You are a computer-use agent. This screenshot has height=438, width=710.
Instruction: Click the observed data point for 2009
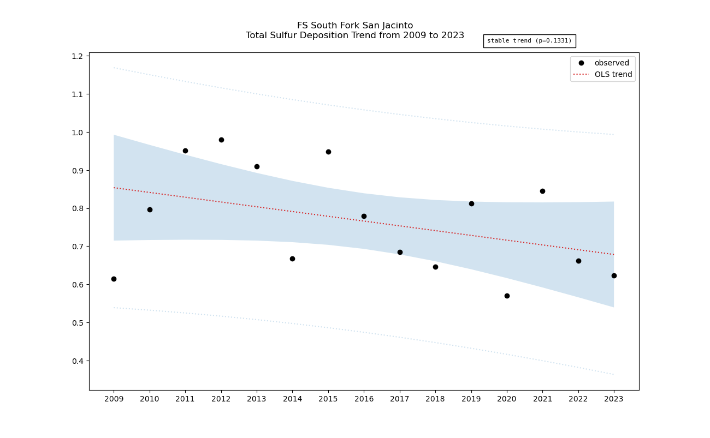pos(114,279)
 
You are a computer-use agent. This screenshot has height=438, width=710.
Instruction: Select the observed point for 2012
pos(221,140)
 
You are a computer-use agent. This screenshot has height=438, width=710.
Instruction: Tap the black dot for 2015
pos(328,152)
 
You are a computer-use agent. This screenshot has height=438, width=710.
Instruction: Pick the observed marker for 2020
pos(507,296)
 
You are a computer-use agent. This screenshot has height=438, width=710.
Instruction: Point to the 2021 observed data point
pos(542,191)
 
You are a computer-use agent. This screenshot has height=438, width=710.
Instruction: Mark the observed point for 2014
pos(292,259)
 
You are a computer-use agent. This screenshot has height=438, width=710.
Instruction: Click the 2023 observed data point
pos(614,275)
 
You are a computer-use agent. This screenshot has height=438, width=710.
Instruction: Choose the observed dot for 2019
pos(471,203)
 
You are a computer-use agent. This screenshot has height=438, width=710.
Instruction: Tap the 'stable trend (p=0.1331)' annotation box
pos(529,41)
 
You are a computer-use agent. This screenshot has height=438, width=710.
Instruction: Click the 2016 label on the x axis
pos(364,399)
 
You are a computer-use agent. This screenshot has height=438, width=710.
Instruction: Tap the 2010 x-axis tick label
pos(150,399)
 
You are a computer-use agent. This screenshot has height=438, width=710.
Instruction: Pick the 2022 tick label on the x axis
pos(578,399)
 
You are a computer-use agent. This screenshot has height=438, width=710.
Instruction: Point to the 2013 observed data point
pos(257,166)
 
